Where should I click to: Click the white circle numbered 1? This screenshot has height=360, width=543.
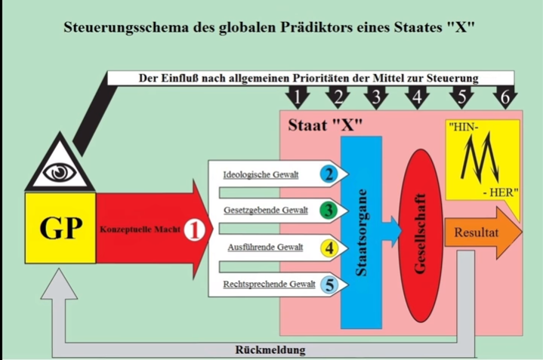(196, 229)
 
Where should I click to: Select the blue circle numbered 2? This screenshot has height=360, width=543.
(328, 175)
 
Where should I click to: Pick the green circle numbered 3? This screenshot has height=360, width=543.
(328, 211)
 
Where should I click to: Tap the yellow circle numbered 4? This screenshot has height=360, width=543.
(328, 248)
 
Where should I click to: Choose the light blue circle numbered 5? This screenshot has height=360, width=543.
(328, 284)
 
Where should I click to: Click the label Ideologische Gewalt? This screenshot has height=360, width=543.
(261, 176)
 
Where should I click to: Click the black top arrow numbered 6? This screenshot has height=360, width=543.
(504, 97)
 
